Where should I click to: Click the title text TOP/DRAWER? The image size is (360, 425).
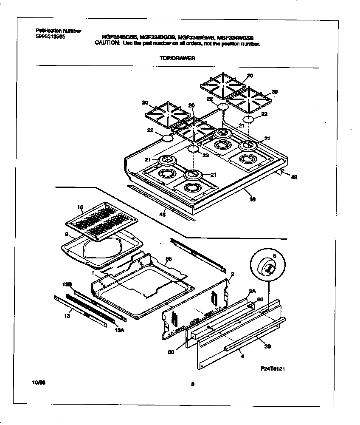pos(177,59)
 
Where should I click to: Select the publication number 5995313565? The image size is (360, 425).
pos(51,37)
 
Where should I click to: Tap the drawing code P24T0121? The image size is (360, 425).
pos(272,369)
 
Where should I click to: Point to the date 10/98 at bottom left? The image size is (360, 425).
pos(39,383)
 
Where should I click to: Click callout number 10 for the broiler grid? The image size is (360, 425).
pos(80,207)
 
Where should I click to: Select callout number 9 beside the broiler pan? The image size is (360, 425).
pos(66,234)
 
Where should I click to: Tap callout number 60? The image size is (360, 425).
pos(261,300)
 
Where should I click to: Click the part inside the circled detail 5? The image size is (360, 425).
pos(269,268)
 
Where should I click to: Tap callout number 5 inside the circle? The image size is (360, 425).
pos(274,256)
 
